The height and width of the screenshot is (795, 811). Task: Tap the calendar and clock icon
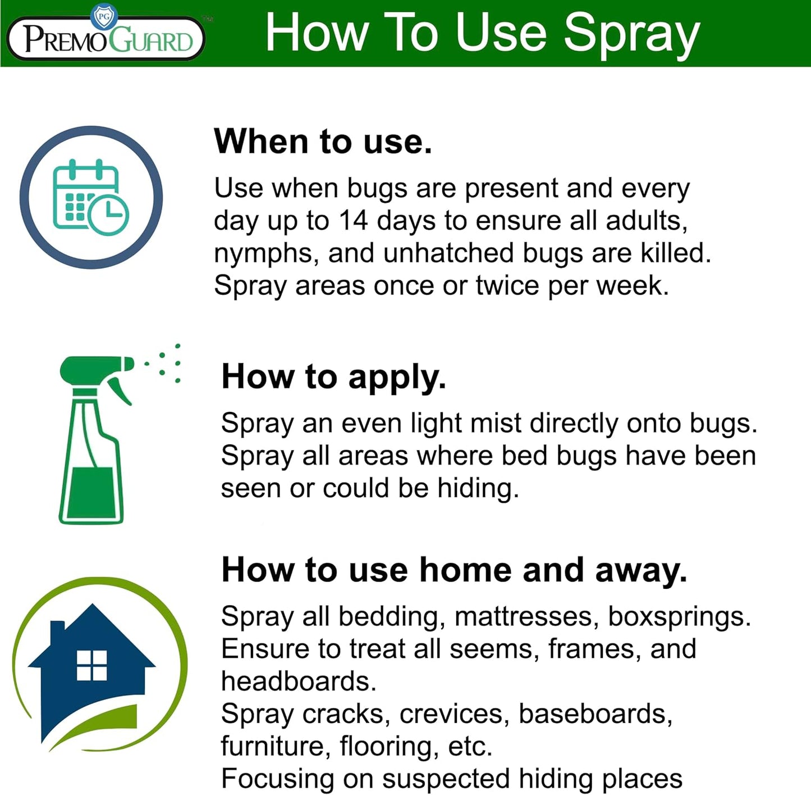pyautogui.click(x=91, y=197)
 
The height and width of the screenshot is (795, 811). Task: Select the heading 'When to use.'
pyautogui.click(x=323, y=141)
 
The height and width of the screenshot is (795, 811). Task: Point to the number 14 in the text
pyautogui.click(x=353, y=221)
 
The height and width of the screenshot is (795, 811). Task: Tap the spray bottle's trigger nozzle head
pyautogui.click(x=95, y=369)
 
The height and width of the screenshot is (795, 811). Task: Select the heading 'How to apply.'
pyautogui.click(x=334, y=376)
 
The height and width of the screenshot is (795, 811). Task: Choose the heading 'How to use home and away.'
pyautogui.click(x=454, y=570)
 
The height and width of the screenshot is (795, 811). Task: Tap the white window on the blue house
pyautogui.click(x=92, y=665)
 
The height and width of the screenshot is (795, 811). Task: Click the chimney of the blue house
pyautogui.click(x=57, y=635)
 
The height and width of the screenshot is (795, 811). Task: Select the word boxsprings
pyautogui.click(x=679, y=616)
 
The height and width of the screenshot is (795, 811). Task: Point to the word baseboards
pyautogui.click(x=595, y=714)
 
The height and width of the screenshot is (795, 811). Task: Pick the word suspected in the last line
pyautogui.click(x=446, y=779)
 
